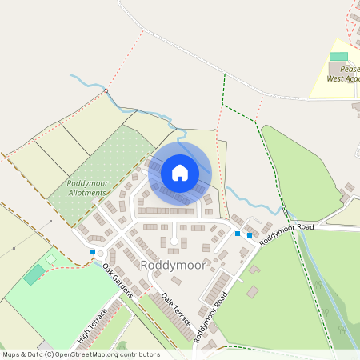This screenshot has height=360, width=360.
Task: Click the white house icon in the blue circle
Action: pyautogui.click(x=179, y=173)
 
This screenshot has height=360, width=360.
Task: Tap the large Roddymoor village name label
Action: pyautogui.click(x=174, y=264)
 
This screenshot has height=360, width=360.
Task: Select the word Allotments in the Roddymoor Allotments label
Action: pyautogui.click(x=86, y=193)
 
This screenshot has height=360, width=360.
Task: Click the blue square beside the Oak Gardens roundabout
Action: pyautogui.click(x=93, y=252)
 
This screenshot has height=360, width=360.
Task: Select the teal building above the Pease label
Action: pyautogui.click(x=339, y=56)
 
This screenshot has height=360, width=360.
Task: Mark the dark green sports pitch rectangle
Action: pyautogui.click(x=34, y=274)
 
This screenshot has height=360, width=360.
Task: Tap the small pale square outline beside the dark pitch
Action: pyautogui.click(x=51, y=258)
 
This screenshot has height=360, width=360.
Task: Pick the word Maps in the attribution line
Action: pyautogui.click(x=12, y=354)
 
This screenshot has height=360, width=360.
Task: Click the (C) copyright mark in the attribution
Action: pyautogui.click(x=50, y=354)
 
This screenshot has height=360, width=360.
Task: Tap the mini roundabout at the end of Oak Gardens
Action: pyautogui.click(x=100, y=257)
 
